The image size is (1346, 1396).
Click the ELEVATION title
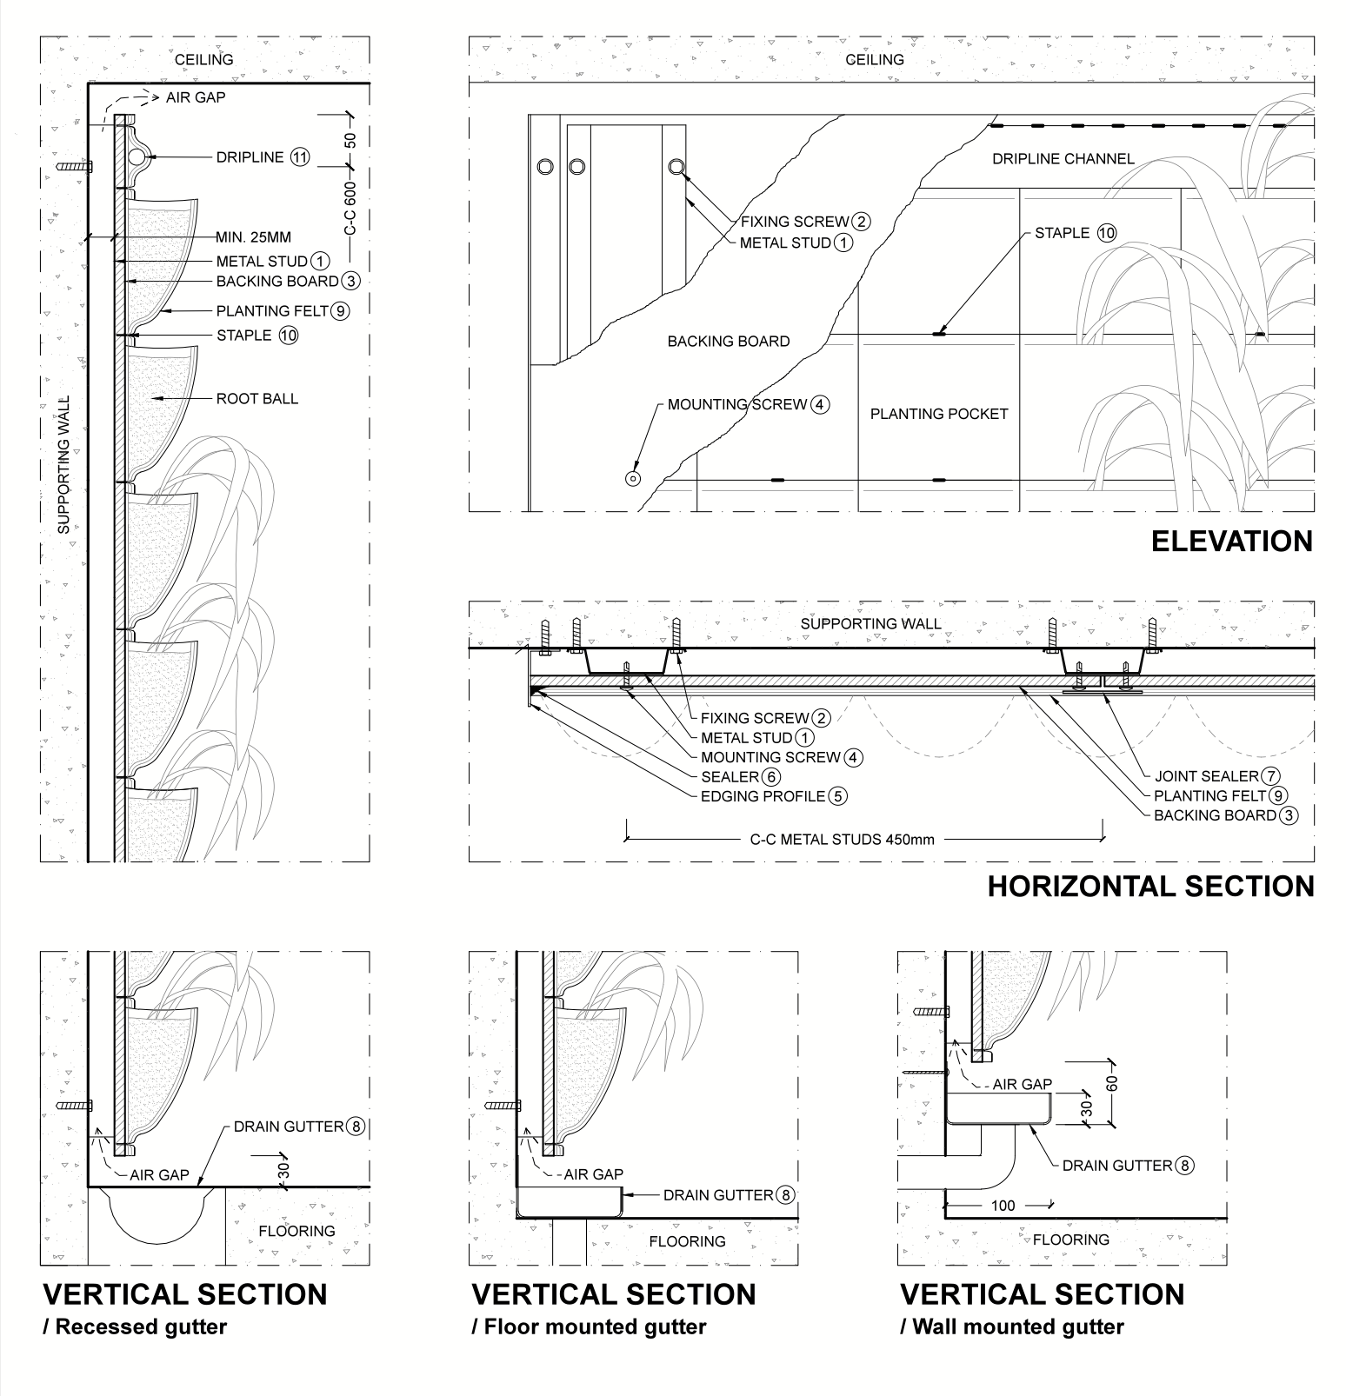point(1231,541)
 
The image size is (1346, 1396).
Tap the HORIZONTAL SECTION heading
point(1150,886)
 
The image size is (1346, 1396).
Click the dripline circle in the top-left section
point(137,157)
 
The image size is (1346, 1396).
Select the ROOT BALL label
point(257,399)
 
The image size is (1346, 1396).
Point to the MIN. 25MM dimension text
point(253,237)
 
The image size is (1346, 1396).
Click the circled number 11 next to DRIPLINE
point(300,157)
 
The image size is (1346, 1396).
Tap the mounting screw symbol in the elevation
point(633,478)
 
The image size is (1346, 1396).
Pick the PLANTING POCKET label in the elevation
point(938,414)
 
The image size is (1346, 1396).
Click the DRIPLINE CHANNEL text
point(1063,159)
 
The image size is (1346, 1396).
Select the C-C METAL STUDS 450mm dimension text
point(842,840)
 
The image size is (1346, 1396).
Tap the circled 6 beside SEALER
point(770,777)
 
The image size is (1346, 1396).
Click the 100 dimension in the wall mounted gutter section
point(1003,1206)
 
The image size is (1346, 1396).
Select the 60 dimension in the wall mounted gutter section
point(1113,1082)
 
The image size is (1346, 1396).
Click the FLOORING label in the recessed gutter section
point(297,1231)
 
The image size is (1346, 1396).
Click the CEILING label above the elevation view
point(875,60)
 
